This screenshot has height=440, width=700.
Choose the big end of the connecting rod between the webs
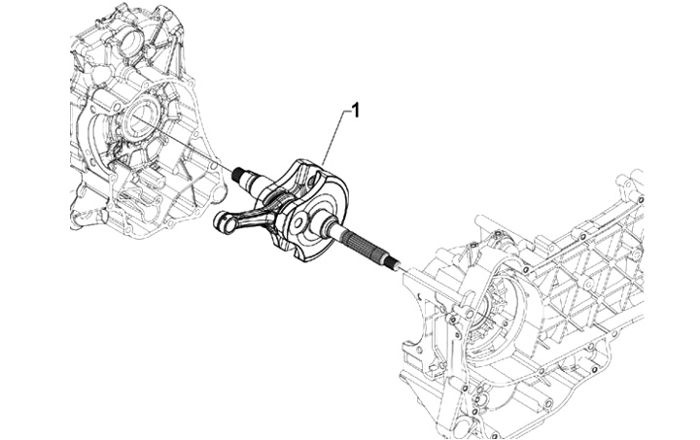point(281,199)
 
